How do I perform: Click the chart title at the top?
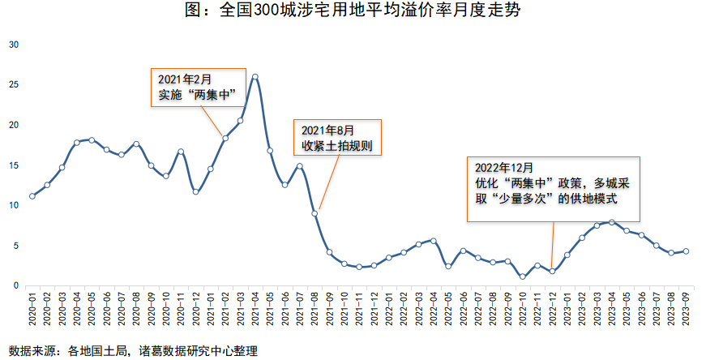tap(352, 11)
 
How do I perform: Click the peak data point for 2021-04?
tap(255, 77)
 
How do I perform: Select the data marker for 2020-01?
tap(32, 196)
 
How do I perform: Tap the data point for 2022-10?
tap(523, 276)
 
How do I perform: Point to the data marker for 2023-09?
tap(687, 251)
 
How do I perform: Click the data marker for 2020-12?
tap(196, 192)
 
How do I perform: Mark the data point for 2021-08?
tap(314, 213)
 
